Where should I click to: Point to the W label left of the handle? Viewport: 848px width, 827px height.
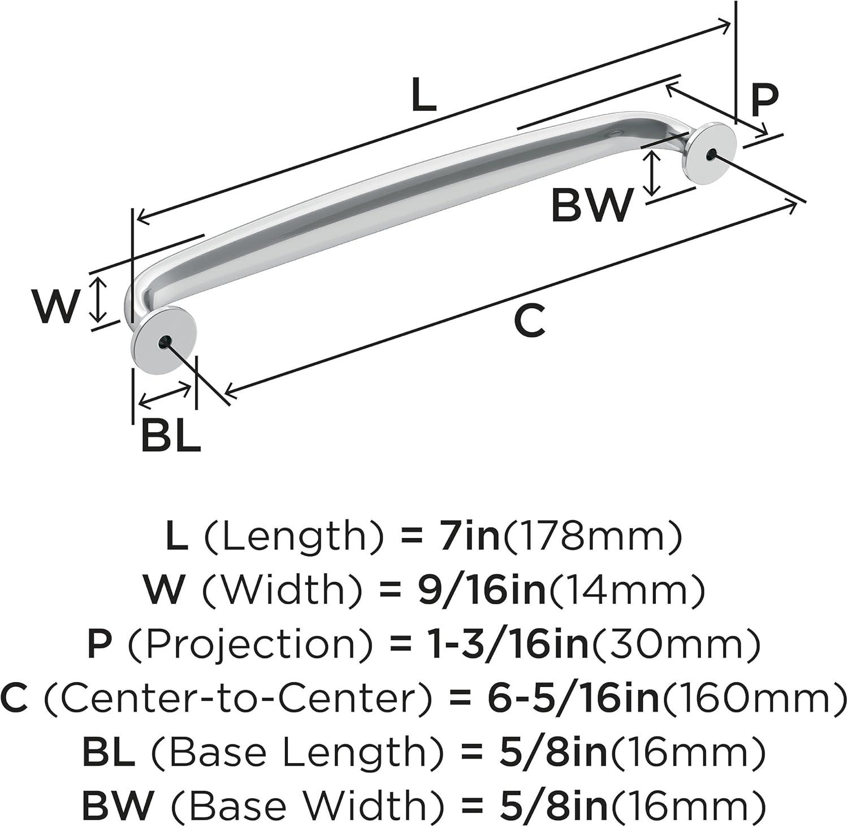pos(54,306)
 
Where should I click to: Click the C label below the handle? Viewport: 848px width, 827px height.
pos(530,320)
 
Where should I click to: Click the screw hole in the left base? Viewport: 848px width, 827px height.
pos(165,341)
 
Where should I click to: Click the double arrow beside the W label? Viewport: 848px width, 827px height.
pos(99,299)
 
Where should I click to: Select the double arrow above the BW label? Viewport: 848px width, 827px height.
pos(654,173)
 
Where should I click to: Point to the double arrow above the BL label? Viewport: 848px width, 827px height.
pos(165,395)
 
